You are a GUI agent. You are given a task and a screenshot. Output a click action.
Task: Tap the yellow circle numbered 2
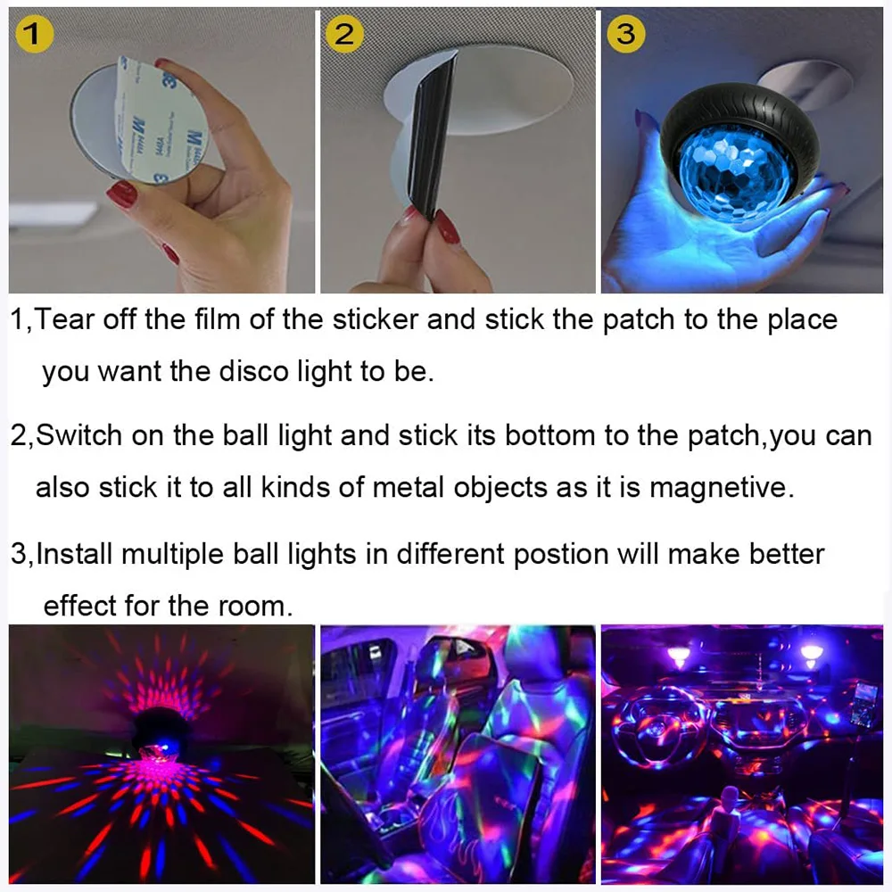point(344,35)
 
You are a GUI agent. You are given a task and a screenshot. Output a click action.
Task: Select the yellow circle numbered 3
point(626,34)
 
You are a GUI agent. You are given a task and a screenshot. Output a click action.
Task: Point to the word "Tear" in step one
point(66,319)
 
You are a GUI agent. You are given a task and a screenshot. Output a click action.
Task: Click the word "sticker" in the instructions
point(376,319)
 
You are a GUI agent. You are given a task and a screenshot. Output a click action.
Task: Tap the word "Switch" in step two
point(80,436)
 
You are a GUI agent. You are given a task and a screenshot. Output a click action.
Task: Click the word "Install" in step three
point(74,554)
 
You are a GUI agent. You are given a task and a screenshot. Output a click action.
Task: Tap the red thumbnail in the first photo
point(120,192)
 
